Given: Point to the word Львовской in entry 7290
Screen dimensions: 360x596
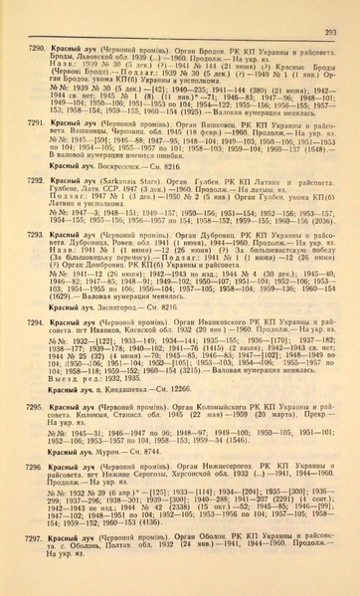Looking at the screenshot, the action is (x=90, y=58).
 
